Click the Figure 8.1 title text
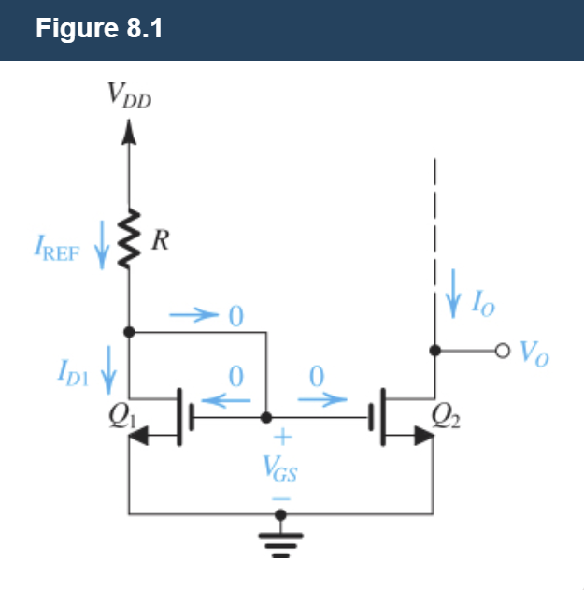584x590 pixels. (x=99, y=29)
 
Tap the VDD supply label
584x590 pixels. (x=128, y=95)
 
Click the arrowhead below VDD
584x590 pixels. (x=129, y=137)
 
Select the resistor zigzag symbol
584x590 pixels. (x=129, y=237)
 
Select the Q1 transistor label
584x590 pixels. (x=119, y=418)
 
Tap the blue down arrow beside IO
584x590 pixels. (x=454, y=294)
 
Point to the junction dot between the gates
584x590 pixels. (x=267, y=417)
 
